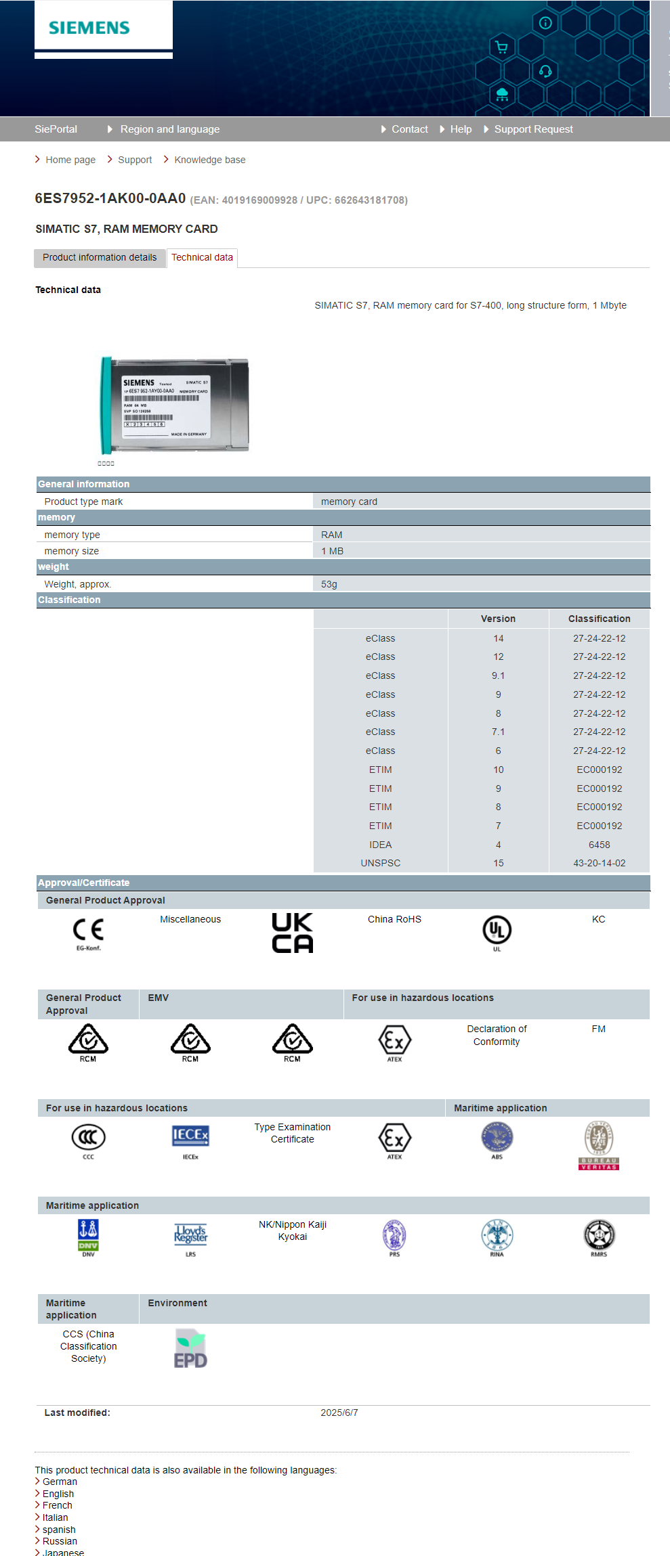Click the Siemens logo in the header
(x=89, y=28)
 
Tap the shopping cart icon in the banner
(x=501, y=47)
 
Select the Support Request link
(x=533, y=129)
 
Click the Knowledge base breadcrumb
(x=209, y=160)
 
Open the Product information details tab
(x=100, y=257)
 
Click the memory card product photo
(x=175, y=405)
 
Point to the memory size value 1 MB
(x=332, y=551)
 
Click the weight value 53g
(x=329, y=584)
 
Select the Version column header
(x=498, y=619)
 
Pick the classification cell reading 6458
(x=599, y=845)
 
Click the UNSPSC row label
(x=380, y=863)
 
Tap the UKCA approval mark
(x=292, y=933)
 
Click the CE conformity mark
(x=88, y=931)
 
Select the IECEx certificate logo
(x=190, y=1137)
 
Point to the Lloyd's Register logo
(x=190, y=1235)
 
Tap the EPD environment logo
(x=190, y=1349)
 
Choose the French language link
(x=58, y=1505)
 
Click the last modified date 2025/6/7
(x=339, y=1413)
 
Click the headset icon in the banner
(x=545, y=71)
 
